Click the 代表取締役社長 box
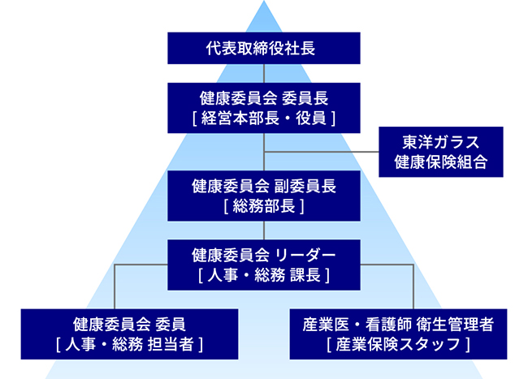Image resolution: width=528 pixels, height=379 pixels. click(264, 48)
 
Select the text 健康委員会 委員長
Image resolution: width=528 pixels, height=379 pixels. click(264, 98)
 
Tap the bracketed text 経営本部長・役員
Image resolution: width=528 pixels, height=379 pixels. click(264, 118)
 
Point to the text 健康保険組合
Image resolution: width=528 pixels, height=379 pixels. click(440, 161)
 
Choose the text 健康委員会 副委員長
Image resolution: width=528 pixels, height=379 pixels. click(264, 185)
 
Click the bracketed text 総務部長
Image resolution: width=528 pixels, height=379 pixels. click(264, 205)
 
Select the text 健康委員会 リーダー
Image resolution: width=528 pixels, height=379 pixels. click(264, 255)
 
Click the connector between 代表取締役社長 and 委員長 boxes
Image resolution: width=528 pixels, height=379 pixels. click(264, 72)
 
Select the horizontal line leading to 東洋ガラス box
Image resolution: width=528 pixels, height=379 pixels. click(325, 151)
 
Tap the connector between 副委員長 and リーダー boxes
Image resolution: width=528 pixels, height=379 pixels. click(264, 229)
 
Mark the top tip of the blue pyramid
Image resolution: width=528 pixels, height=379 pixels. click(264, 3)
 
